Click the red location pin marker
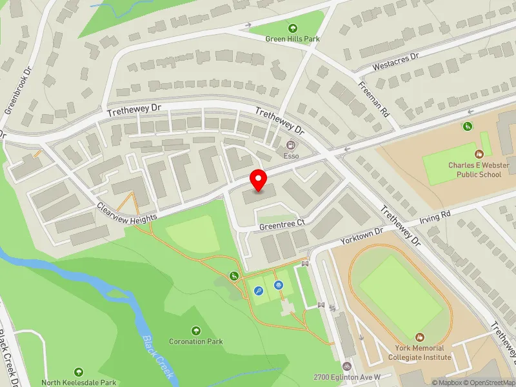coord(259,181)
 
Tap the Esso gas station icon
coord(291,144)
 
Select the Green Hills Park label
coord(293,39)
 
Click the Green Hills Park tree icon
coord(293,28)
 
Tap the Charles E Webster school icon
coord(479,154)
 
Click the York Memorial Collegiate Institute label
coord(420,352)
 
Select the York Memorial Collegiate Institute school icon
coord(420,337)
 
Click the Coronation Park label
coord(195,341)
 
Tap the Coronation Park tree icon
coord(196,330)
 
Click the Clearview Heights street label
coord(126,213)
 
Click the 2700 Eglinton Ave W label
coord(348,377)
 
